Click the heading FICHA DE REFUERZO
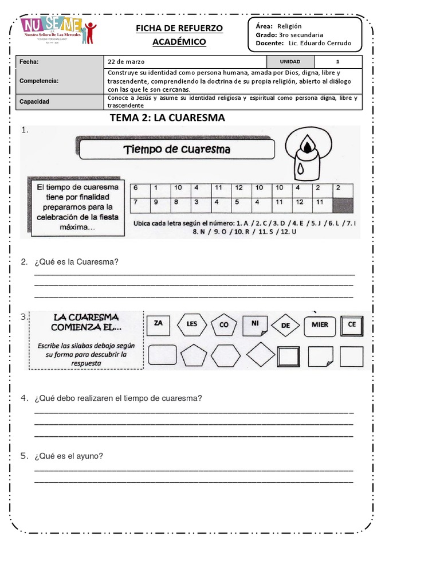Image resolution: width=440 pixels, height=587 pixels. (179, 28)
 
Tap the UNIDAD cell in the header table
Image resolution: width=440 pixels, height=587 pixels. (290, 62)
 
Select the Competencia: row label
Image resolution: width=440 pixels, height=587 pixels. (39, 81)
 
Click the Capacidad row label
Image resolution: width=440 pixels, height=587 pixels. (34, 101)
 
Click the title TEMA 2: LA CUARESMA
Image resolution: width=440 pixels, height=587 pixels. (167, 118)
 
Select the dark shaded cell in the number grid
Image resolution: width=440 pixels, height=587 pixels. (343, 202)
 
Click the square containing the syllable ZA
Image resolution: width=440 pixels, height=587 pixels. (159, 324)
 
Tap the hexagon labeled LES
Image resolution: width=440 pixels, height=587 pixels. (191, 324)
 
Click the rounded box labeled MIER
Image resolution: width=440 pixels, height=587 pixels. (320, 325)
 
